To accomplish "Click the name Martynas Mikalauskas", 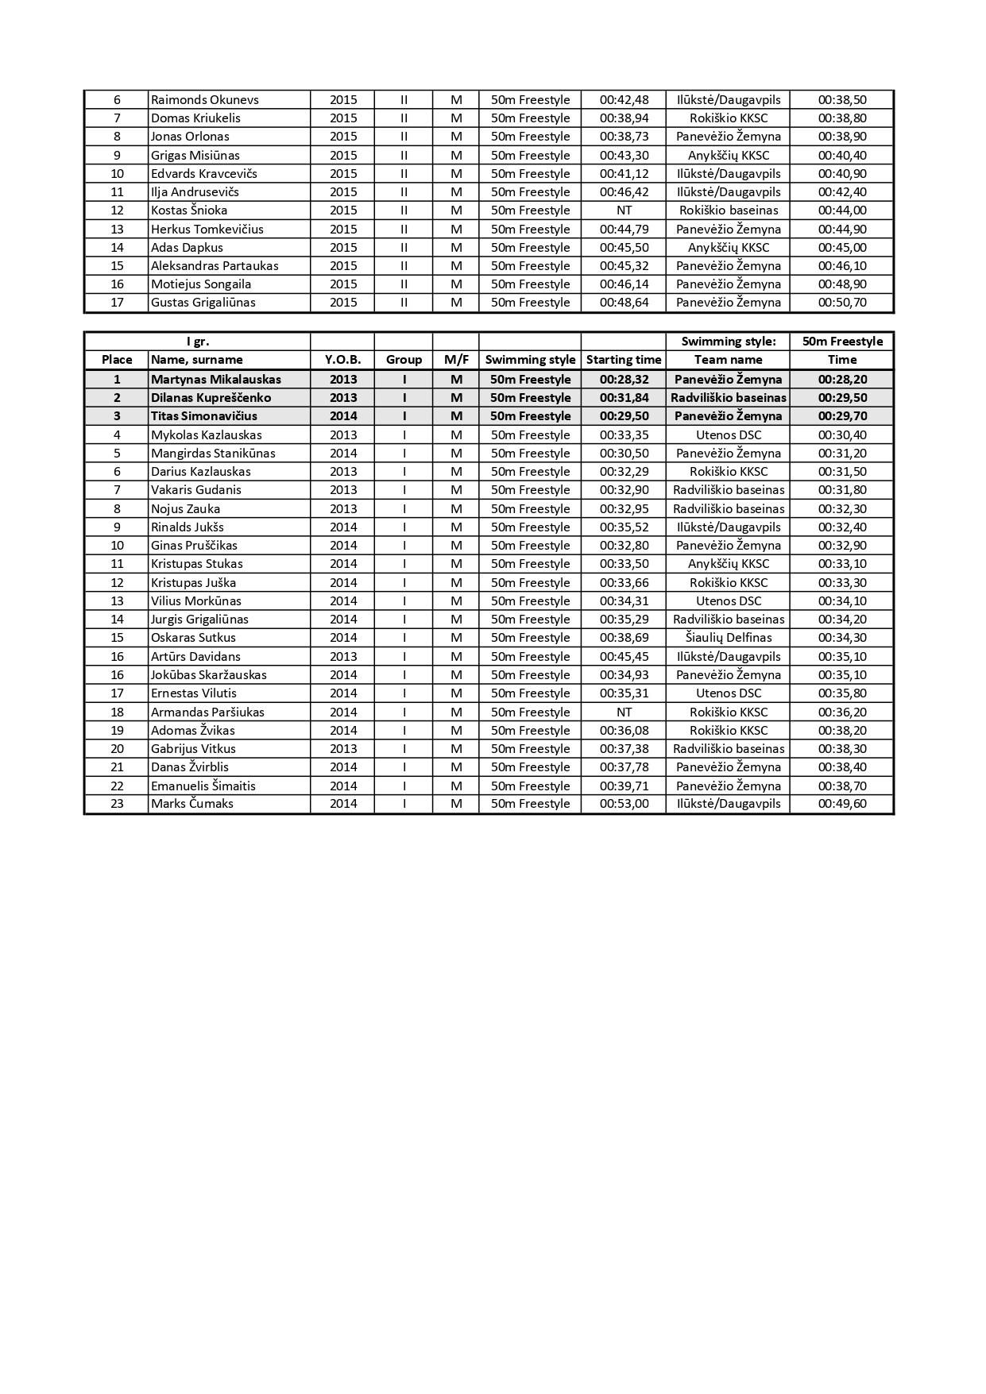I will pos(216,380).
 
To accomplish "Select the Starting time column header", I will pos(624,360).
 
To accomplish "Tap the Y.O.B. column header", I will pos(343,360).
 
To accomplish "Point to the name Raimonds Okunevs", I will pos(205,100).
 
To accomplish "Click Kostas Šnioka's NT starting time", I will pos(624,210).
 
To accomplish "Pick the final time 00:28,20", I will pos(842,380).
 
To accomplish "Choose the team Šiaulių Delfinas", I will pos(729,638).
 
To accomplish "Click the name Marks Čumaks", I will pos(192,804).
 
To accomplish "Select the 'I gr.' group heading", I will pos(198,342).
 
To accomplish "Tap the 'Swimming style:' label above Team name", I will pos(729,342).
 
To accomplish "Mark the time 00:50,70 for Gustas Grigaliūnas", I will pos(842,303).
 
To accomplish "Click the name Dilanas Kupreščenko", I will pos(211,398).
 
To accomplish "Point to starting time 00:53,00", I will pos(624,804).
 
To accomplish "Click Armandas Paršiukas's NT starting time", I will pos(624,712).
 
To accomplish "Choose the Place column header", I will pos(117,360).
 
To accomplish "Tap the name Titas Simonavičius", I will pos(204,416).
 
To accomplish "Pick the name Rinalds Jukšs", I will pos(188,527).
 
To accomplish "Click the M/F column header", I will pos(456,360).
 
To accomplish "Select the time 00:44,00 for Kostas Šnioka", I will pos(842,210).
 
